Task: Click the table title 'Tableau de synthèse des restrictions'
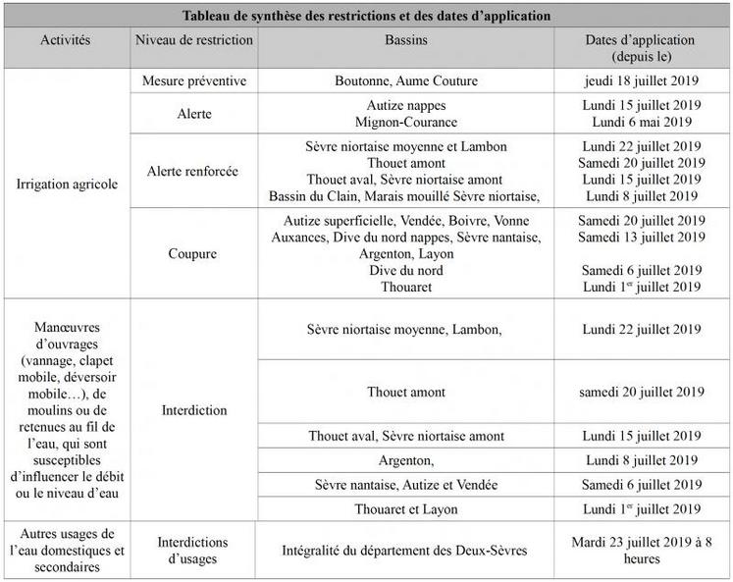[366, 17]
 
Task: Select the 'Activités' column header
[67, 40]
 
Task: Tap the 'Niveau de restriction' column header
[192, 40]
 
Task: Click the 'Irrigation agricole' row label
[67, 183]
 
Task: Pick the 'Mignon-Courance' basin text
[405, 122]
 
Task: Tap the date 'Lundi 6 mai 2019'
[642, 122]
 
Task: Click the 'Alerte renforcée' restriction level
[192, 171]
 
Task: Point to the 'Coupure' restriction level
[192, 253]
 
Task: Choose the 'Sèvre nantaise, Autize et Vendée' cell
[405, 485]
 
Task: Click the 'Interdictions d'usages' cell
[192, 550]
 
